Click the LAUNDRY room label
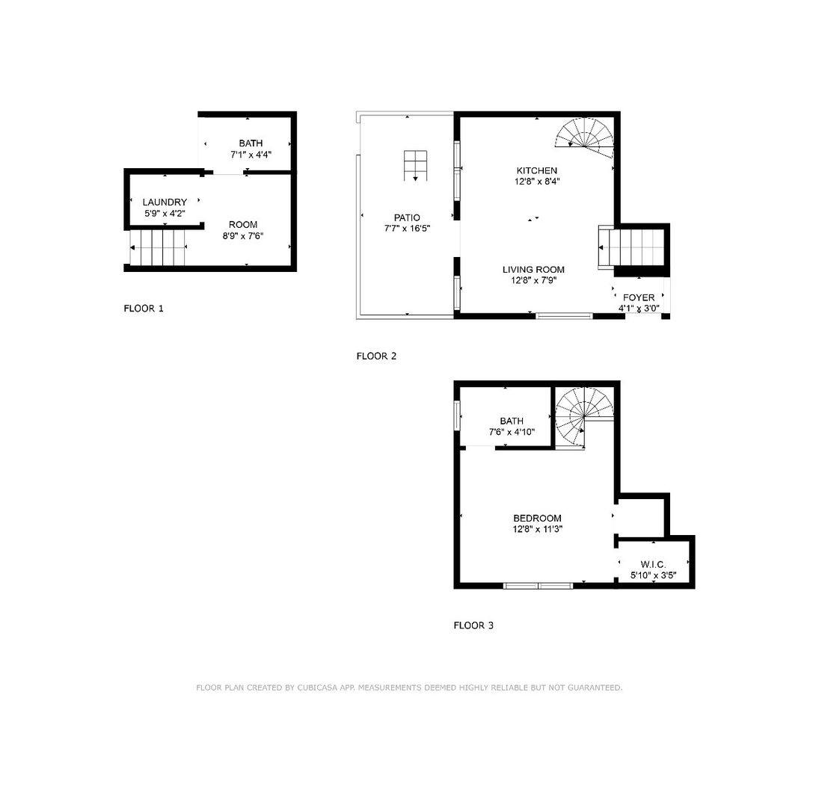click(165, 202)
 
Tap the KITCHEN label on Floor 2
click(536, 170)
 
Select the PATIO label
click(407, 217)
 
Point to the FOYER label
click(638, 297)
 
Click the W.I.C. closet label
click(653, 564)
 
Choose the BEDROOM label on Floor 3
click(537, 518)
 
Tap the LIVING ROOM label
click(533, 270)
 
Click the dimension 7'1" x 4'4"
click(251, 155)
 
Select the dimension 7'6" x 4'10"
click(512, 432)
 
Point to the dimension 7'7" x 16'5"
click(407, 229)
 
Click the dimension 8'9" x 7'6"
click(243, 236)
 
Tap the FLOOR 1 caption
click(144, 309)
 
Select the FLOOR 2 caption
click(376, 356)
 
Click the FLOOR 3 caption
click(473, 625)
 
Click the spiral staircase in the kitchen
click(585, 137)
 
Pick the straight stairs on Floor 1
click(157, 247)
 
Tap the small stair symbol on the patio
click(415, 165)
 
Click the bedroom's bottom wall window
click(538, 586)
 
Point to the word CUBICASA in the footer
click(317, 687)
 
